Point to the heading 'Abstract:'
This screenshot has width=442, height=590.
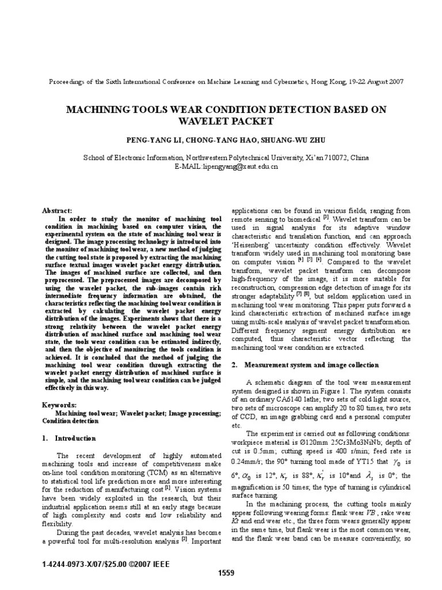tap(58, 211)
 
